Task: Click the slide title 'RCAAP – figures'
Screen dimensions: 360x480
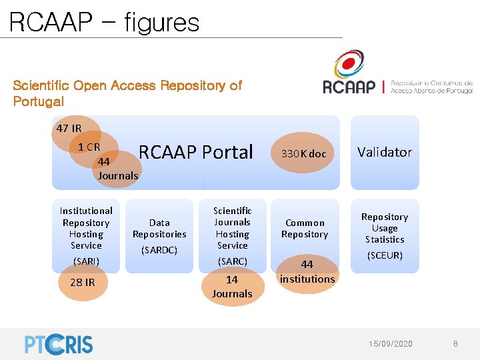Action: tap(105, 22)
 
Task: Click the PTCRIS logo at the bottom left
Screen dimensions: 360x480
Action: tap(59, 343)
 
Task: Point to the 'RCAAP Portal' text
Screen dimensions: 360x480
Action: tap(196, 153)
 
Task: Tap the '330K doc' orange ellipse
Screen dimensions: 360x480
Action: tap(303, 154)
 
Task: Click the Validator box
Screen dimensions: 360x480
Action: tap(385, 153)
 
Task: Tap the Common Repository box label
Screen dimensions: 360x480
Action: tap(305, 228)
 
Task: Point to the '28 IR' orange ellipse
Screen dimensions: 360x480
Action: tap(83, 282)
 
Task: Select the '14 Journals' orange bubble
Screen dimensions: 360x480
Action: tap(232, 286)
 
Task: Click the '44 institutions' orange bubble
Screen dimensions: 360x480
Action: tap(307, 271)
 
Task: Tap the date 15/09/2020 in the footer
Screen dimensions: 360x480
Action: tap(391, 343)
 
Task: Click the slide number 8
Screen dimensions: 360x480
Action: tap(455, 343)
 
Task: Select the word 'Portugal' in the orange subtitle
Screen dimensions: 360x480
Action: tap(39, 102)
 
